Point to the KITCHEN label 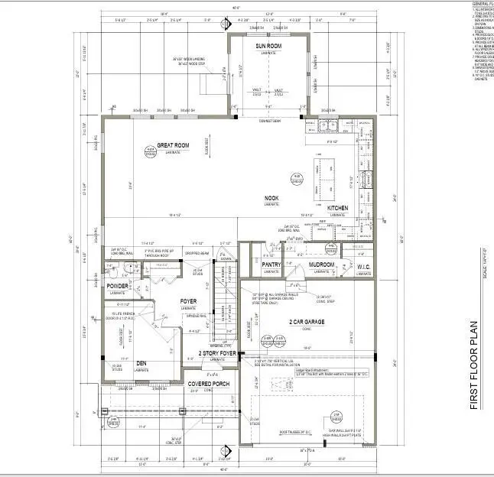pos(338,208)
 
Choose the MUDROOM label pos(322,264)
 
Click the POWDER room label pos(118,286)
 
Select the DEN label pos(141,362)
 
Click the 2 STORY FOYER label pos(216,353)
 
